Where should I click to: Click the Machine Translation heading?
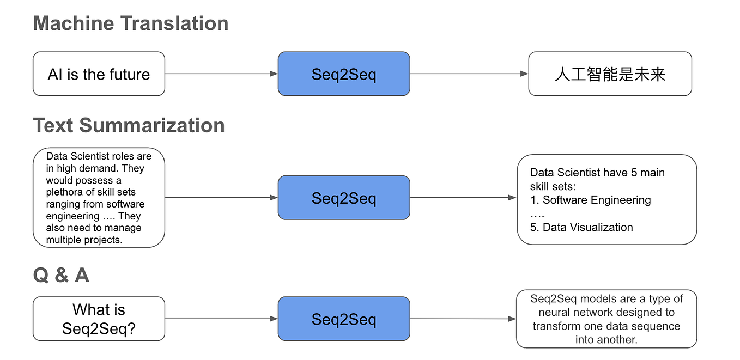[130, 23]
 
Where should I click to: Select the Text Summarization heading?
[129, 125]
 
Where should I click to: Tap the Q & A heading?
[61, 276]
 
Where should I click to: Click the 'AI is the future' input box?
[99, 74]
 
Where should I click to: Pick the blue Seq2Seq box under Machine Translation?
[344, 74]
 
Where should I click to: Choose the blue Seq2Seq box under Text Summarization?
[344, 198]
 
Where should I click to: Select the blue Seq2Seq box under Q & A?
[344, 319]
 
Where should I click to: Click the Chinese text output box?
[610, 74]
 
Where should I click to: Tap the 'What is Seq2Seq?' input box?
[99, 319]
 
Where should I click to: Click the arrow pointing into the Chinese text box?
[469, 74]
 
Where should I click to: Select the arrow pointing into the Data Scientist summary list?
[463, 198]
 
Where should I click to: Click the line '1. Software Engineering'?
[590, 200]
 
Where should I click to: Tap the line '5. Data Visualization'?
[581, 227]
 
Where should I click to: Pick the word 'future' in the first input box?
[129, 74]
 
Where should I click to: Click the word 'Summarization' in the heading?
[152, 125]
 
